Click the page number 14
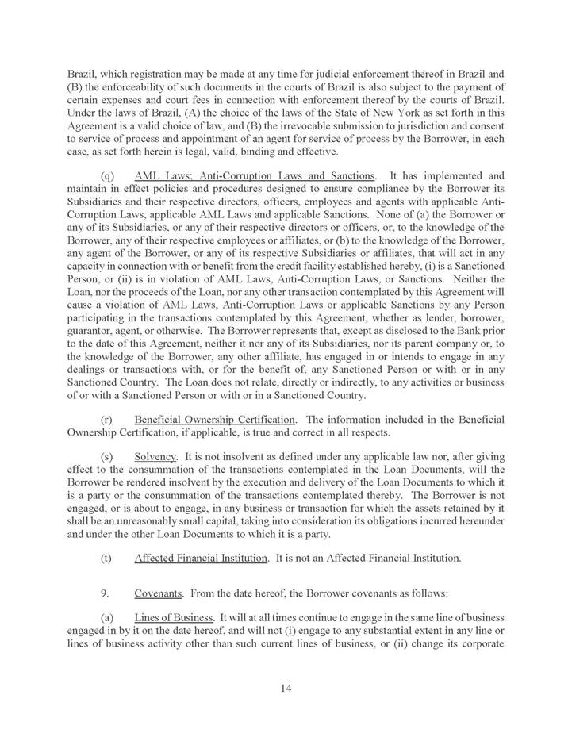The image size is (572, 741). pos(286,688)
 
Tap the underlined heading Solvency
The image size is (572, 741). pos(155,459)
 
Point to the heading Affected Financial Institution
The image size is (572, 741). pos(201,558)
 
